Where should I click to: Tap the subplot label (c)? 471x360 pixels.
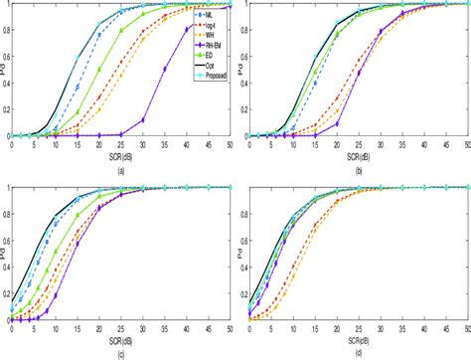[x=119, y=353]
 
